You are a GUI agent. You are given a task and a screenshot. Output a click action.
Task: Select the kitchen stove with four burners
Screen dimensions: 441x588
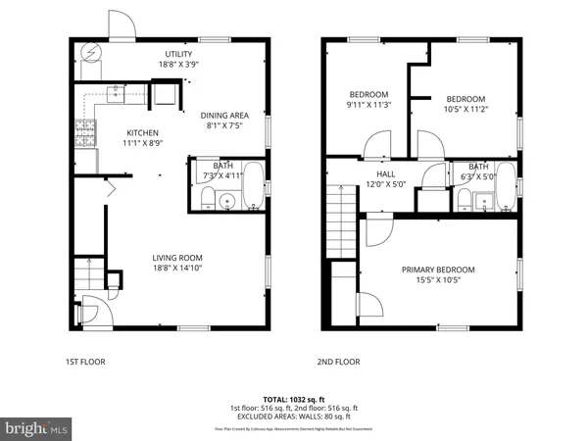pos(82,132)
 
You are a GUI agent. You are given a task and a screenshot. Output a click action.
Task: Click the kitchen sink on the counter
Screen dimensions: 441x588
pos(118,93)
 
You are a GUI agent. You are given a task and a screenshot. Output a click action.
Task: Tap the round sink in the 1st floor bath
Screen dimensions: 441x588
pos(228,203)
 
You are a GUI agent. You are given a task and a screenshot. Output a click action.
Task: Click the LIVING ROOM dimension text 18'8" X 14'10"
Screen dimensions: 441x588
pos(177,269)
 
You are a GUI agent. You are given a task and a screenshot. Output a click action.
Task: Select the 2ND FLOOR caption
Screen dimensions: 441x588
pos(338,362)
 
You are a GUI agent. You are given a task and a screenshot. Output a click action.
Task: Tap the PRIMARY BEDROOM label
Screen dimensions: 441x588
pos(438,269)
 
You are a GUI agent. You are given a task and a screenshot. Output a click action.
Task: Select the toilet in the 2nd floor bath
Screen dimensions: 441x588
pos(462,199)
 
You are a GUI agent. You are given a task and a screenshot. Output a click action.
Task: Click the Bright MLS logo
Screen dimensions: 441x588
pos(37,427)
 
